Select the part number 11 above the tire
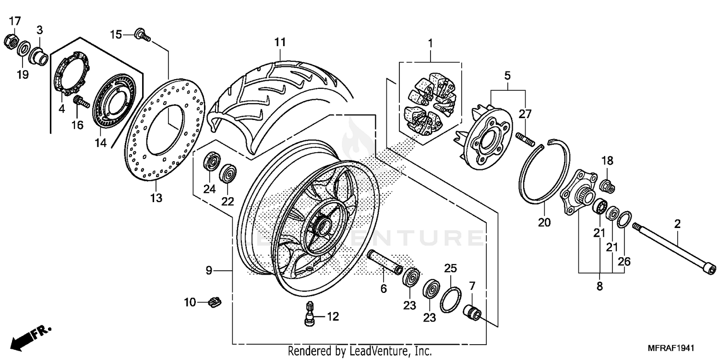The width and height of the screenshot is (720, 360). [x=280, y=42]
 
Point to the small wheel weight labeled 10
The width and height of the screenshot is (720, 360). [x=215, y=302]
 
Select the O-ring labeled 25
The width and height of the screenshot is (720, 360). [x=450, y=300]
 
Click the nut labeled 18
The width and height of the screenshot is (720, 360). [x=607, y=184]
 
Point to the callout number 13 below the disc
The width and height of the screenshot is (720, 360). [x=156, y=198]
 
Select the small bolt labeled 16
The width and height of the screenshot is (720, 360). [x=80, y=102]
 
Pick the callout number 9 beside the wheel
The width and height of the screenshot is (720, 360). [x=209, y=271]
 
